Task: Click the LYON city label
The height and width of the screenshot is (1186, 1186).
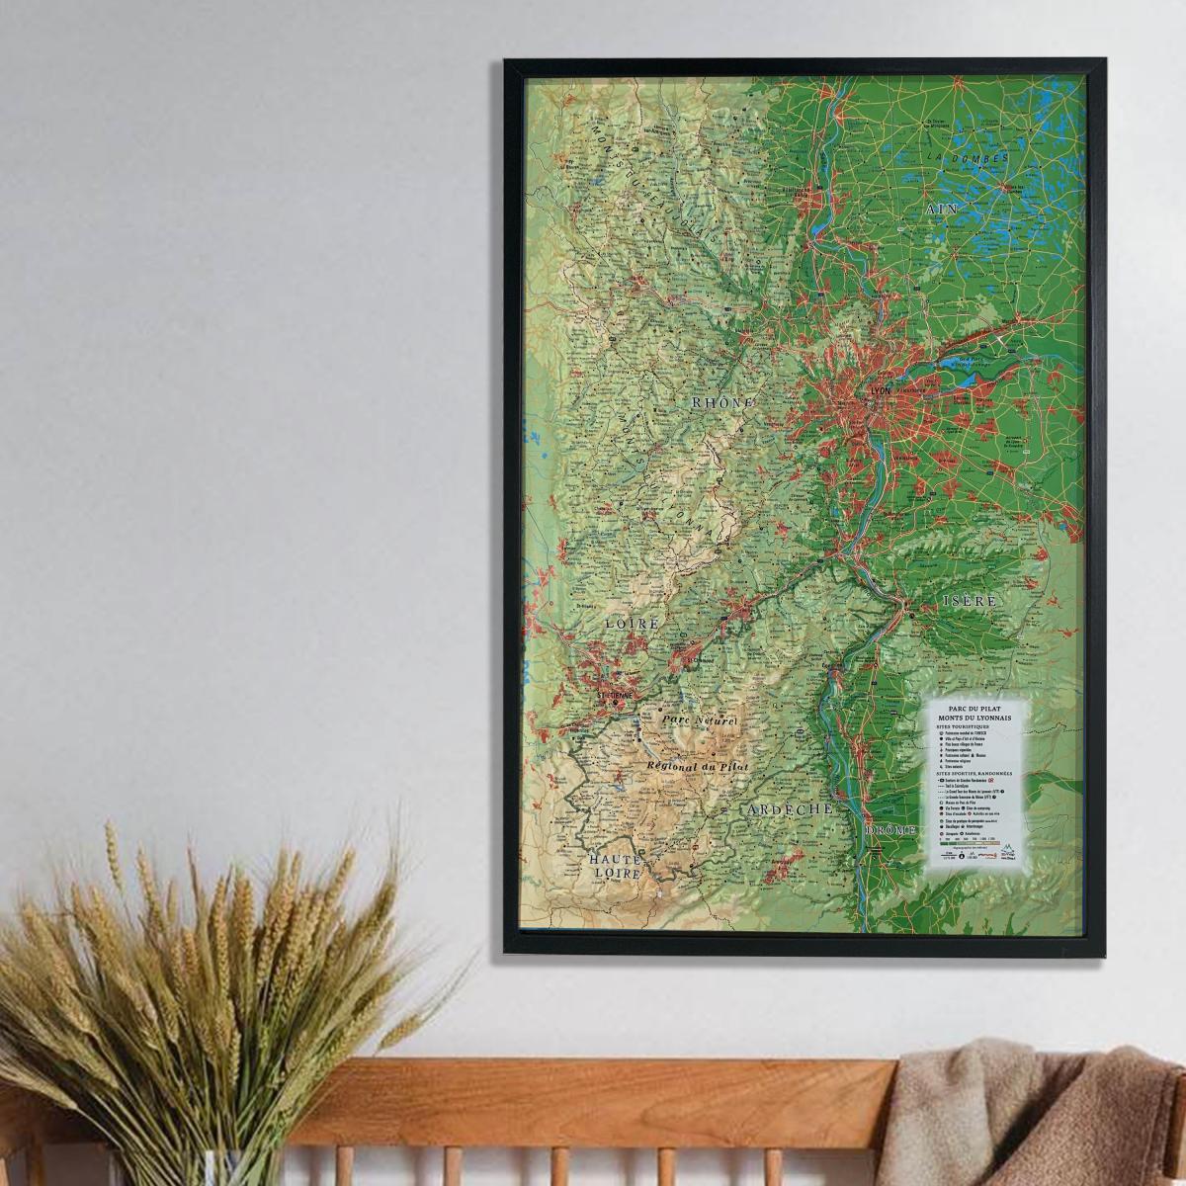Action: [879, 390]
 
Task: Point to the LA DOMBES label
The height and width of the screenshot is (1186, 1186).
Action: [969, 158]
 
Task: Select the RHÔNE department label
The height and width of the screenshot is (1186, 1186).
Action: [722, 403]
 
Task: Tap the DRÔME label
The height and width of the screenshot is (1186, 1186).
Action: [890, 830]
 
